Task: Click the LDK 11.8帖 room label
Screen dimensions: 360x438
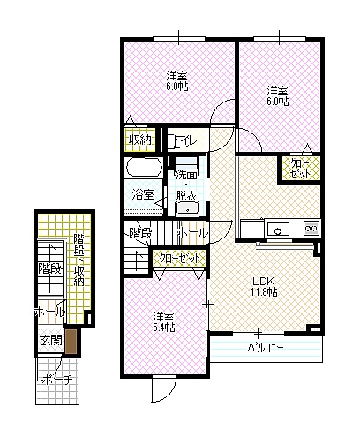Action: (264, 286)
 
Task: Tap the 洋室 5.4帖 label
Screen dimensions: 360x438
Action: (164, 321)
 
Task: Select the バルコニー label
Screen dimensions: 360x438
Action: (266, 348)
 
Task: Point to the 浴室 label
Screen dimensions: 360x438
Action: (143, 194)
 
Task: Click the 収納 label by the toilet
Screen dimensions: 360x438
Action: (140, 140)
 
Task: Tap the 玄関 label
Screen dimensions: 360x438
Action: (51, 341)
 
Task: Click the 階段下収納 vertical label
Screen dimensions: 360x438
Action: (79, 260)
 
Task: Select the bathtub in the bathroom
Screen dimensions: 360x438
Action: (144, 168)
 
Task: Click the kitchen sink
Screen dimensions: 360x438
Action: (278, 229)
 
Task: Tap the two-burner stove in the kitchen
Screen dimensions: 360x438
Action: (311, 228)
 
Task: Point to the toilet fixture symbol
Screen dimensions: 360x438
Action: (171, 141)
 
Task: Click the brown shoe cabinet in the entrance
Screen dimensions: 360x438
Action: (71, 342)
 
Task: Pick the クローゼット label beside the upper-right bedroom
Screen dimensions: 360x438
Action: (300, 169)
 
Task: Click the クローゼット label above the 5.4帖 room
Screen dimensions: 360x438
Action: (180, 259)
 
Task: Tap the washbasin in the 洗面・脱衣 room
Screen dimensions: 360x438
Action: (187, 209)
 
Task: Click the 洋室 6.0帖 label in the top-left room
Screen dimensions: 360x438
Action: (177, 80)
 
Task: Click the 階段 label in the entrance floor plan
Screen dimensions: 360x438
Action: (50, 268)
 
